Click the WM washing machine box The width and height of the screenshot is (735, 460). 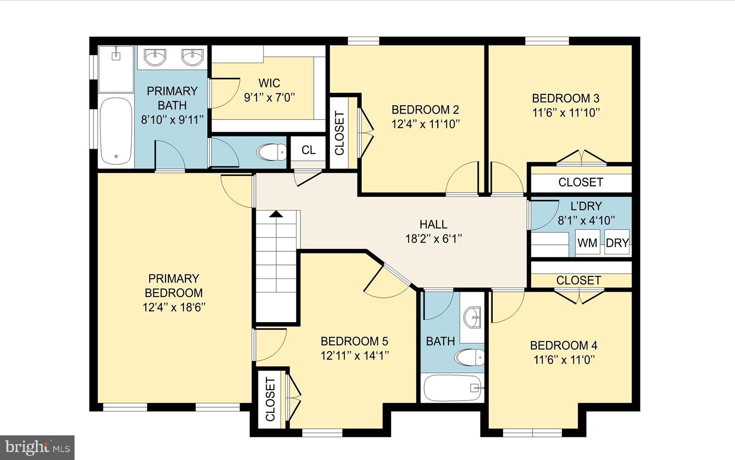[x=587, y=242]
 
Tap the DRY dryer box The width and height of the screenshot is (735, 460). [x=617, y=242]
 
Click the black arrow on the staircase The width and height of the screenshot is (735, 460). [x=276, y=214]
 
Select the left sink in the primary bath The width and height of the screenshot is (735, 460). [x=155, y=58]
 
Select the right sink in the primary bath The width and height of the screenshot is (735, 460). [x=193, y=58]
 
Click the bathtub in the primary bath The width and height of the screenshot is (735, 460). [x=116, y=131]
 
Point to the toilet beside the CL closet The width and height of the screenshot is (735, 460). [x=272, y=152]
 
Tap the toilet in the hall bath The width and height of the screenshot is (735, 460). [x=470, y=357]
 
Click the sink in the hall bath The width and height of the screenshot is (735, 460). [x=472, y=317]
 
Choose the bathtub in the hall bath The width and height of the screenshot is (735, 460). [x=453, y=388]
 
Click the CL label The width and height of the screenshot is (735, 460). [x=308, y=150]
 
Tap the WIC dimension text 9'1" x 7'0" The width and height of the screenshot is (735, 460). [x=269, y=98]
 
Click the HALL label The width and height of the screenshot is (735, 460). [x=433, y=225]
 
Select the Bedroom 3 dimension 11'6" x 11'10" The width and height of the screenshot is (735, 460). [x=566, y=113]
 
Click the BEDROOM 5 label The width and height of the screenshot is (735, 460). [x=354, y=341]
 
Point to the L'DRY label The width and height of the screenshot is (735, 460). [x=586, y=206]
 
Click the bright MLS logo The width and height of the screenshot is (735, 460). [x=37, y=448]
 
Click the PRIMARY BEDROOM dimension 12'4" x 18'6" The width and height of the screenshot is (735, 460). [x=174, y=307]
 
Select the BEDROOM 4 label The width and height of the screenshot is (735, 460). [x=564, y=345]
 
